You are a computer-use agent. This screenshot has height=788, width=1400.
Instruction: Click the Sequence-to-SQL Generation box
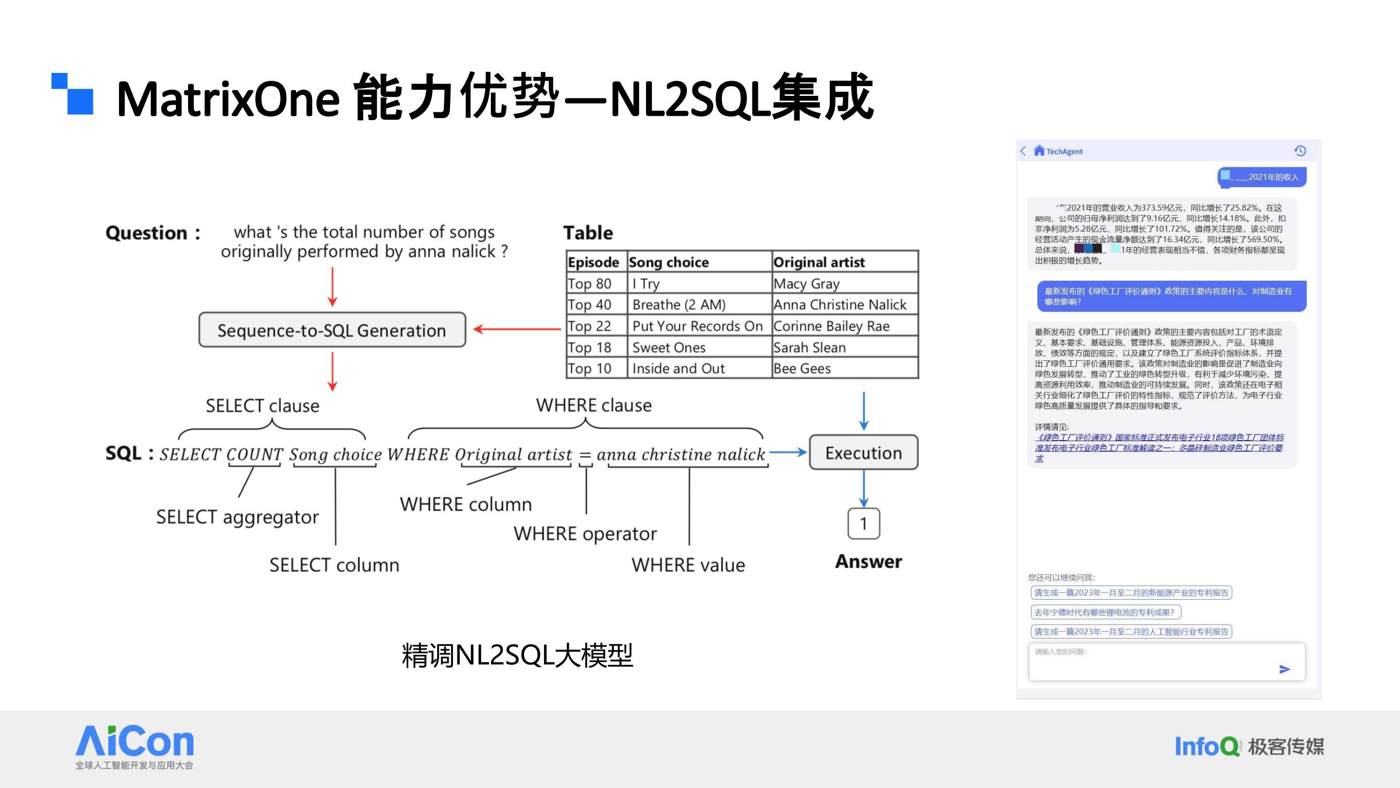coord(332,330)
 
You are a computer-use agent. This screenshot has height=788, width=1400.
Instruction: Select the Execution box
coord(864,452)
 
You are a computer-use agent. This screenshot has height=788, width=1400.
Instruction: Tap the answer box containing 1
coord(864,523)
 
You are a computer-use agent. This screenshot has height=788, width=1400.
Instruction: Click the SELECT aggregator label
coord(238,517)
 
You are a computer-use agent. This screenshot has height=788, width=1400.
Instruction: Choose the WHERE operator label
coord(585,534)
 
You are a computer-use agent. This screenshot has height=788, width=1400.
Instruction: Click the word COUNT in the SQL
coord(254,454)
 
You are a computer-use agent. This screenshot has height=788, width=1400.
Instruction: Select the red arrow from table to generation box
coord(516,329)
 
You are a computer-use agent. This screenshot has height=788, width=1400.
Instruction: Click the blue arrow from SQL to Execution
coord(787,452)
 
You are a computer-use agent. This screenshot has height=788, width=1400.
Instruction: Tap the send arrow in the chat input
coord(1284,669)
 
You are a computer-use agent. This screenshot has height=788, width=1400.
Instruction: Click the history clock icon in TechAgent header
coord(1300,151)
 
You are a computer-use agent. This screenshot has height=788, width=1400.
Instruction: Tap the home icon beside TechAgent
coord(1039,151)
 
